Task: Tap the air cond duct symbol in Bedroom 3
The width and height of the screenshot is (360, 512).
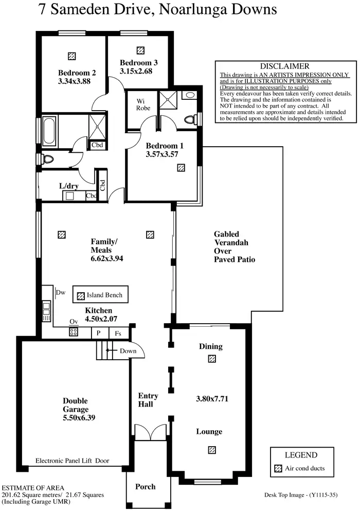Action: coord(140,50)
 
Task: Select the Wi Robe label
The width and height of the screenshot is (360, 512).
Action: coord(143,104)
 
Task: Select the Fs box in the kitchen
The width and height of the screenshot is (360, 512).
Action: coord(118,333)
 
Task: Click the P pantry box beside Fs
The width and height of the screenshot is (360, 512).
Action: coord(99,333)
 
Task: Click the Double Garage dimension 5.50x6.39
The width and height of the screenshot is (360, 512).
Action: coord(75,417)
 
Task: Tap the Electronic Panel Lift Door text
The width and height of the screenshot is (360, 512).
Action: coord(73,461)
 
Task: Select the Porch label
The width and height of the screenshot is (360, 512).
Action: coord(145,486)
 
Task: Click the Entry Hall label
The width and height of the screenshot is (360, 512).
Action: coord(148,400)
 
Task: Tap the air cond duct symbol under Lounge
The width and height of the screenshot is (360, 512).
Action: coord(211,450)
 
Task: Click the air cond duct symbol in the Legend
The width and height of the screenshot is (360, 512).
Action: coord(278,469)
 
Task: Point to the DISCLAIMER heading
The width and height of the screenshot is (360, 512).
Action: coord(284,66)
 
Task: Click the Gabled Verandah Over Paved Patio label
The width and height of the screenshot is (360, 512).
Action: coord(234,247)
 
